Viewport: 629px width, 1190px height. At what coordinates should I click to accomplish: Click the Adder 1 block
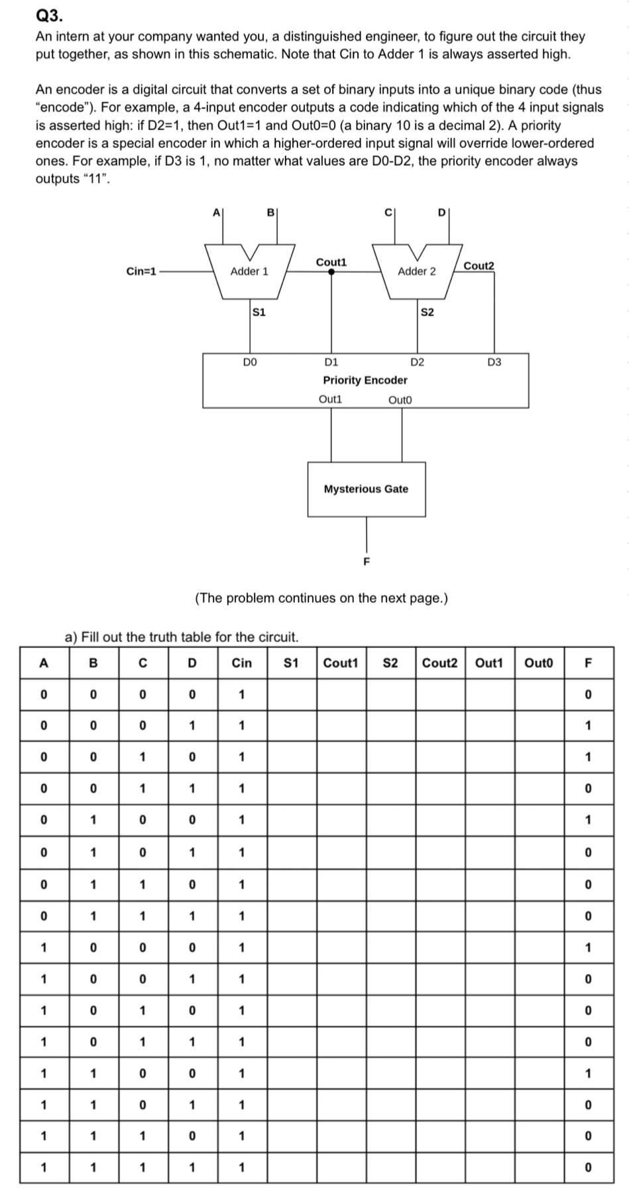tap(249, 271)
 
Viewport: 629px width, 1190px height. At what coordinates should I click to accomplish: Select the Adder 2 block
tap(416, 271)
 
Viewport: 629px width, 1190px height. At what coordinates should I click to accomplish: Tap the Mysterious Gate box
tap(366, 489)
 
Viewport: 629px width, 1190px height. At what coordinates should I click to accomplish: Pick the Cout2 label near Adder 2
tap(479, 265)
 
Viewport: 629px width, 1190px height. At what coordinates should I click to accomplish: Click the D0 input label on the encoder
tap(249, 362)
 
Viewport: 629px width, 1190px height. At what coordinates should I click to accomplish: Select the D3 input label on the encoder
tap(494, 362)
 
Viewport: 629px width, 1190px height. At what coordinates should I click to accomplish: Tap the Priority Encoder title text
tap(365, 380)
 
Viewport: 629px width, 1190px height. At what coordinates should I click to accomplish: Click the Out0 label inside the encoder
tap(400, 399)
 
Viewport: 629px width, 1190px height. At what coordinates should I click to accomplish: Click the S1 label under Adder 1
tap(258, 312)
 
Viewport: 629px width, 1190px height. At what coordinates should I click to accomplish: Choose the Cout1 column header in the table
tap(341, 663)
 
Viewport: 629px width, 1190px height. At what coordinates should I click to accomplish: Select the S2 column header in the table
tap(390, 663)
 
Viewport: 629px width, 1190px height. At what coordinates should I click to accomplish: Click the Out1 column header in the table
tap(490, 663)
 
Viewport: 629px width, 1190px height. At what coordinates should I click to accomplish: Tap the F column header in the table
tap(587, 663)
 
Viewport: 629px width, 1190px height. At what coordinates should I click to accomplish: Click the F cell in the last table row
tap(587, 1167)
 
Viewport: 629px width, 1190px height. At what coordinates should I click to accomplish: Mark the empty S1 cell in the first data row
tap(292, 694)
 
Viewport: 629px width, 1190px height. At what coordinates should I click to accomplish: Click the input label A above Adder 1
tap(215, 213)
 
